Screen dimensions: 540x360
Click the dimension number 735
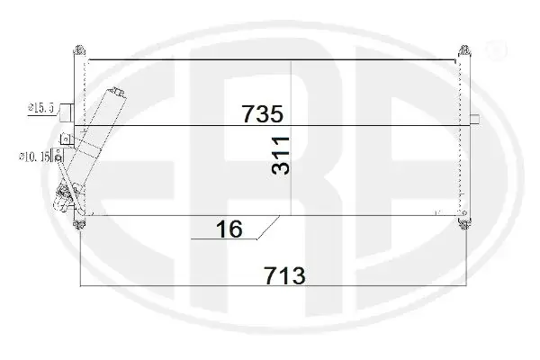point(263,113)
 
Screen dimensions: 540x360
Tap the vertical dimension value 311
point(281,156)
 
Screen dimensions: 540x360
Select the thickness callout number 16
point(229,229)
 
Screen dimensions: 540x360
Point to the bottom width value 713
point(284,275)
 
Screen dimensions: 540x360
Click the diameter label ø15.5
point(41,108)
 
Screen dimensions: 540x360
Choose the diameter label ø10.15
point(34,157)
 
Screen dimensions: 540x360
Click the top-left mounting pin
point(79,50)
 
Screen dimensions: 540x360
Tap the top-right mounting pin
point(464,50)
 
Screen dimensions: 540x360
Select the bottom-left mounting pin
point(79,224)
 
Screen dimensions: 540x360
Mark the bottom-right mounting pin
point(464,224)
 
